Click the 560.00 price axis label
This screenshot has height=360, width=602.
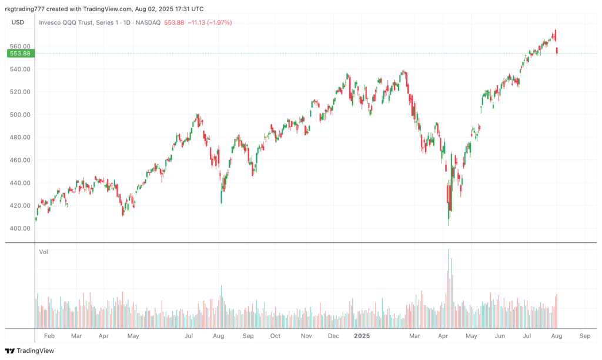(20, 46)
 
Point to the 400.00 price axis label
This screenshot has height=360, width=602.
(20, 228)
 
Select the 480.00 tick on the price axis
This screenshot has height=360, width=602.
(20, 137)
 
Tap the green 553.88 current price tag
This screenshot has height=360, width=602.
(20, 54)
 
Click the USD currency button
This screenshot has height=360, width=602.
(18, 22)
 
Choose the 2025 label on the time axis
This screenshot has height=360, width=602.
(362, 335)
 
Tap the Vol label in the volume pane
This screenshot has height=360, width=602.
(44, 252)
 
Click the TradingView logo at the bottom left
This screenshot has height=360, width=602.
(29, 351)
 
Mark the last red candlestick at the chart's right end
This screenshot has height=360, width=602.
(557, 51)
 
